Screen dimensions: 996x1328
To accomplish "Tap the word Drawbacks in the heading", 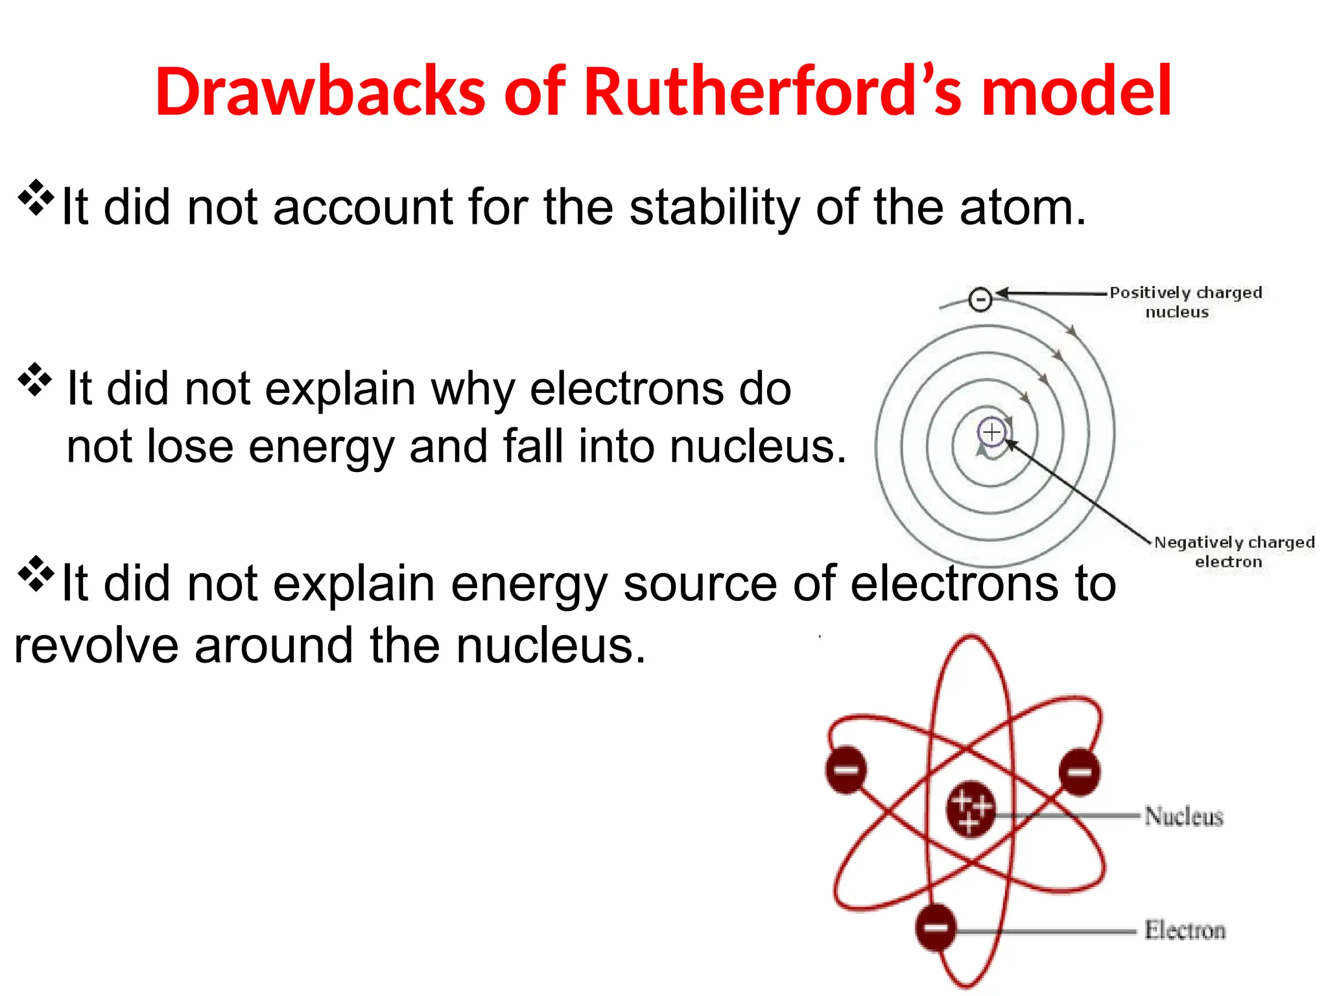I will [320, 92].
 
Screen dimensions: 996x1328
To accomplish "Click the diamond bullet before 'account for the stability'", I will [35, 198].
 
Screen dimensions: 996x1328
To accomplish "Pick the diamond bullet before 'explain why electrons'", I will [35, 380].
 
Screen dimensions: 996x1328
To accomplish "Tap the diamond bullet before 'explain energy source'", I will [35, 574].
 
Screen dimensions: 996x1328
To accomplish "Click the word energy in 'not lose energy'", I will [320, 447].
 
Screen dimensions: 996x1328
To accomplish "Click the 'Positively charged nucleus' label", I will [1185, 302].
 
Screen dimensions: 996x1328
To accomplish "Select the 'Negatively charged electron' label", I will [1233, 552].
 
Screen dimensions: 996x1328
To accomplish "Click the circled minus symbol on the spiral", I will [980, 299].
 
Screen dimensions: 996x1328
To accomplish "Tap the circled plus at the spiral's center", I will [991, 432].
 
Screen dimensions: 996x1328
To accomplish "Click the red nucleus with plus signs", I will [970, 808].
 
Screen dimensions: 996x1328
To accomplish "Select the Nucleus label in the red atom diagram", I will [1183, 816].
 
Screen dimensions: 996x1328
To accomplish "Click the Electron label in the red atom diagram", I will [1185, 930].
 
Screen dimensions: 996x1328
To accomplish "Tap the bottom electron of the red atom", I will [936, 927].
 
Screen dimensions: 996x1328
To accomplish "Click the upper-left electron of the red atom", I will [846, 770].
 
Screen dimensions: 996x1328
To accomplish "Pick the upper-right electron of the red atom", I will [1079, 772].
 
